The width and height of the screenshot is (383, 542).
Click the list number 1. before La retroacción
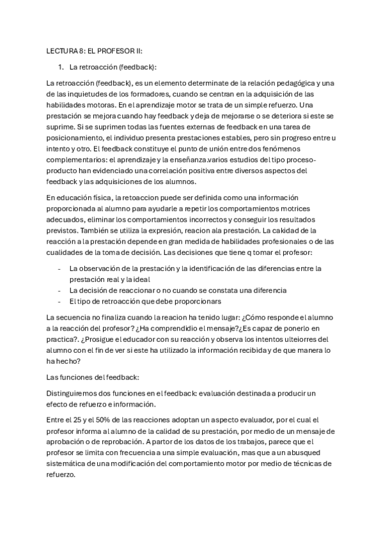coord(61,66)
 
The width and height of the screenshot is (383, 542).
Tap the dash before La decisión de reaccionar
coord(59,290)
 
